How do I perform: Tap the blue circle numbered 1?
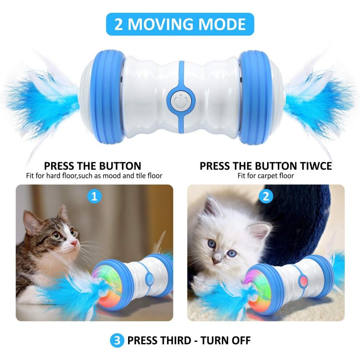[94, 197]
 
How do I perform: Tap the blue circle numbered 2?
[266, 197]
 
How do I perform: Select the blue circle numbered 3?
[115, 340]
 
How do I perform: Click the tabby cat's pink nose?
[74, 243]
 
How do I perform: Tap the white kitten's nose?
[217, 260]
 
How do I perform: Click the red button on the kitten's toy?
[303, 280]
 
